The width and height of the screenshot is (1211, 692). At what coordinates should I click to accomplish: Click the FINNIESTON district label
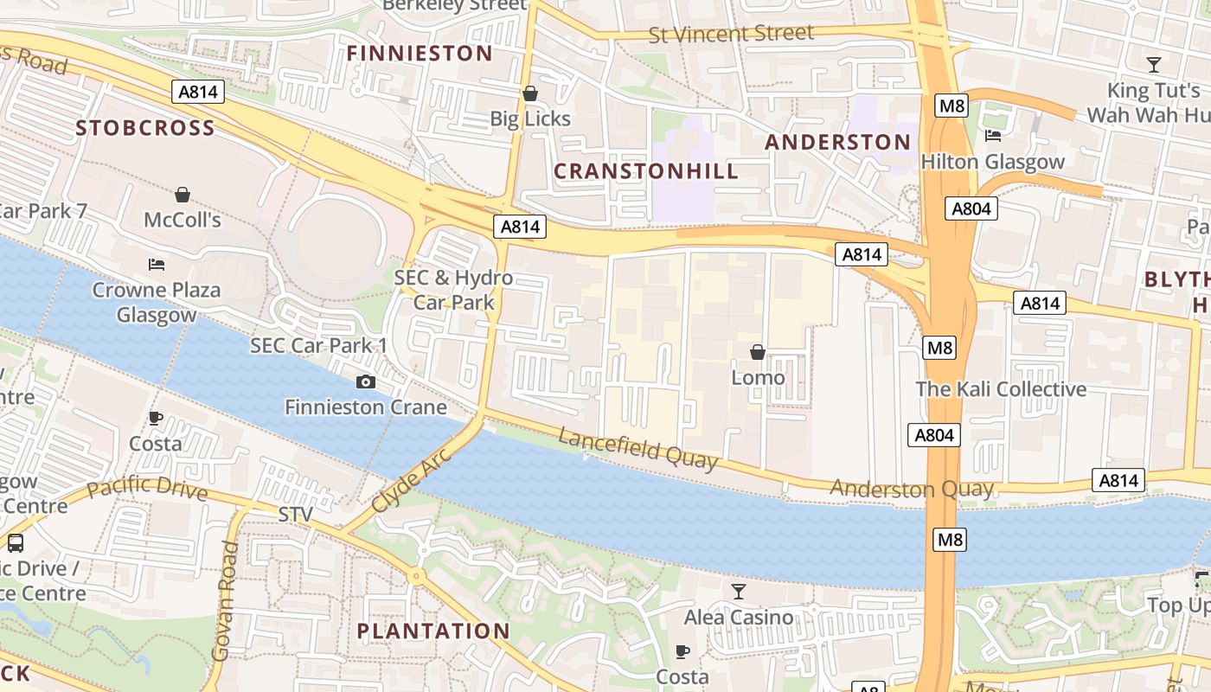tap(420, 54)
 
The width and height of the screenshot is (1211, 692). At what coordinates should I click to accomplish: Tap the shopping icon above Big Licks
tap(529, 93)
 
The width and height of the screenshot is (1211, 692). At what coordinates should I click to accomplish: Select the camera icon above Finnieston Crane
tap(366, 381)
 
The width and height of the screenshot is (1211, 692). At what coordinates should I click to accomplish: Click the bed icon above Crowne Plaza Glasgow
tap(157, 264)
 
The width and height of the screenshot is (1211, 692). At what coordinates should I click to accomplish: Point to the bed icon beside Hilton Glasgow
tap(993, 136)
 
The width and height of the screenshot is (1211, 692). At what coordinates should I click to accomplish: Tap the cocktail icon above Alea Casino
tap(738, 592)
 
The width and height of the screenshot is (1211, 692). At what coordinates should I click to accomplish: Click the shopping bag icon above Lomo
tap(758, 352)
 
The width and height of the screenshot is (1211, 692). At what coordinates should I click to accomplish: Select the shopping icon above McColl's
tap(183, 195)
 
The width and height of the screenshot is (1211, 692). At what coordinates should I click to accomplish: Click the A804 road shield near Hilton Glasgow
tap(971, 208)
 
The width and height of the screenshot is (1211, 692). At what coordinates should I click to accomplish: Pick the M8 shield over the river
tap(950, 541)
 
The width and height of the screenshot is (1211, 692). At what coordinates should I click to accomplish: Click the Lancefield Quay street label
tap(638, 448)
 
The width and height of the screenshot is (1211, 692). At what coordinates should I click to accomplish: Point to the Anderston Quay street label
tap(912, 489)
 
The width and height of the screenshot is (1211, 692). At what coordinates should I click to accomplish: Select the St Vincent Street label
tap(731, 35)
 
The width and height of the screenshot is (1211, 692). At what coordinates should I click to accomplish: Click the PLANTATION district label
tap(433, 631)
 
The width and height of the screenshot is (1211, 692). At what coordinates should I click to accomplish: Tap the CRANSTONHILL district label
tap(646, 171)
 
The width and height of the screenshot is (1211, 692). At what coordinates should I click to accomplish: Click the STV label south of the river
tap(295, 516)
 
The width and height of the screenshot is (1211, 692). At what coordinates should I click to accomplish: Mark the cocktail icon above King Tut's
tap(1154, 64)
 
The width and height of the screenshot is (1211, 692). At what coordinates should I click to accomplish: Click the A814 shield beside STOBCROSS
tap(199, 92)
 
